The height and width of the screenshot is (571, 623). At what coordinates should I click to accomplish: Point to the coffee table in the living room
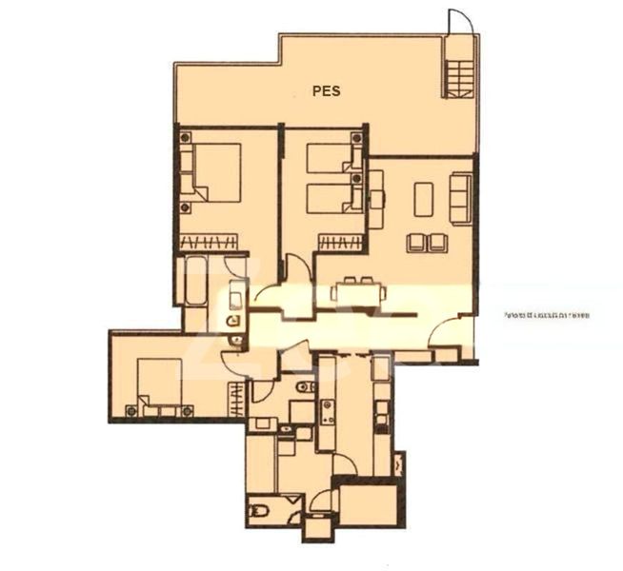(423, 199)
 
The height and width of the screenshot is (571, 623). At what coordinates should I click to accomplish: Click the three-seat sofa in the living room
(462, 197)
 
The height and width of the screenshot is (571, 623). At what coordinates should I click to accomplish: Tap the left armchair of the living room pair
(416, 243)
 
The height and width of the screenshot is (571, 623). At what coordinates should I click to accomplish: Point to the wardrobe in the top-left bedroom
(208, 242)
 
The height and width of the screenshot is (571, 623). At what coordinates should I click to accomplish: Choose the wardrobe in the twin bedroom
(340, 242)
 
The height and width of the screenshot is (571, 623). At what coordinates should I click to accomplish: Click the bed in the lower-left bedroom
(160, 385)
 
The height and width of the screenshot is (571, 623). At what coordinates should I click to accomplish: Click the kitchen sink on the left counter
(328, 412)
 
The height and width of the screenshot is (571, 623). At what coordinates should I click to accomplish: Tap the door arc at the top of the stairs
(459, 22)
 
